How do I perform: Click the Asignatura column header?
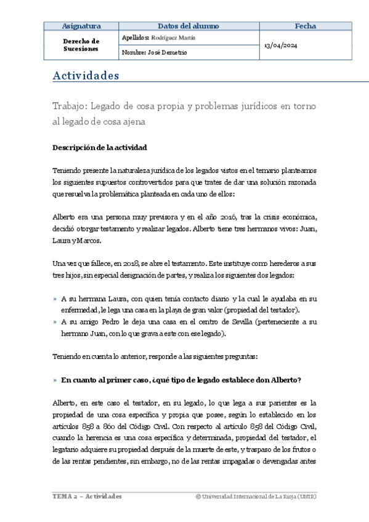(82, 26)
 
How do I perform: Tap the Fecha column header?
(305, 26)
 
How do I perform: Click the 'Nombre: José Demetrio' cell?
(155, 53)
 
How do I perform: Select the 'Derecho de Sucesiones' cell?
(81, 45)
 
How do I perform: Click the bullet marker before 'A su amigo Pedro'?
(55, 322)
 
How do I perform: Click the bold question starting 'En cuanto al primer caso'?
(180, 380)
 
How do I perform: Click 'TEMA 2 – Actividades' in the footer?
(86, 496)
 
